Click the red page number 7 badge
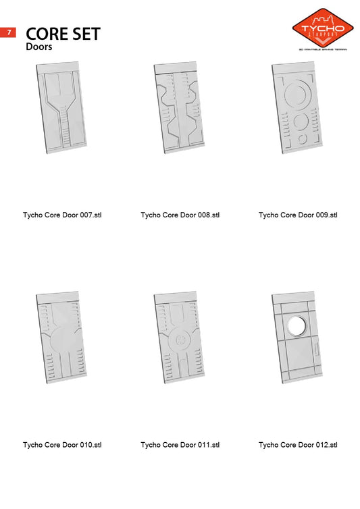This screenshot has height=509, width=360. pyautogui.click(x=8, y=32)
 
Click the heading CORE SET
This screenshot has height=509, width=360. pyautogui.click(x=63, y=34)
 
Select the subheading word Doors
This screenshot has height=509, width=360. pyautogui.click(x=39, y=47)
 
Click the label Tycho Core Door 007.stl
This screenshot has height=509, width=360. pyautogui.click(x=62, y=215)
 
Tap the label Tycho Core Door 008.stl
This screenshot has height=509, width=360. pyautogui.click(x=180, y=215)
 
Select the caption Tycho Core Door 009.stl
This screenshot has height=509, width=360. pyautogui.click(x=298, y=215)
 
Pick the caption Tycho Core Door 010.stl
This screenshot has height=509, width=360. pyautogui.click(x=62, y=445)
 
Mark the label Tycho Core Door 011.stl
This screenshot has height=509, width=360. pyautogui.click(x=180, y=445)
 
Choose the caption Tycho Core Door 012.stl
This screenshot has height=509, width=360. pyautogui.click(x=298, y=445)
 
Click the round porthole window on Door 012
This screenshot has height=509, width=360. pyautogui.click(x=296, y=325)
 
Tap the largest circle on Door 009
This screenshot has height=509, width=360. pyautogui.click(x=297, y=95)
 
